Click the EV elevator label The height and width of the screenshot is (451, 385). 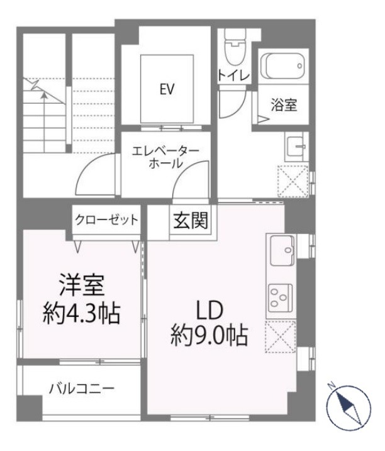tap(166, 89)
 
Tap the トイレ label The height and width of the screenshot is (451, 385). tap(233, 75)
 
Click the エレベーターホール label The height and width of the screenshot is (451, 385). tap(165, 157)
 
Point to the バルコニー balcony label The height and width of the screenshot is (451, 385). tap(82, 389)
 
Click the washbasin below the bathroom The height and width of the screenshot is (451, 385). tap(294, 147)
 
